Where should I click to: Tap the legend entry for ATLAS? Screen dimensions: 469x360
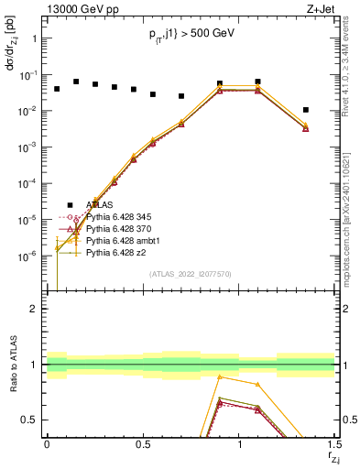tap(101, 204)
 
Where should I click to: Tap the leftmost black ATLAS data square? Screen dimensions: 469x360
tap(57, 89)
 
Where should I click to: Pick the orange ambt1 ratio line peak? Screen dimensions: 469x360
tap(220, 376)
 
